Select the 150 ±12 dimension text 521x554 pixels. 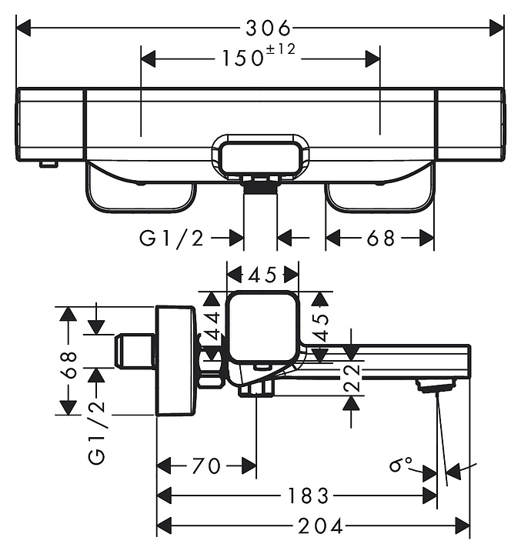[260, 58]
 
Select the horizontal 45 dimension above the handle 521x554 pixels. [263, 274]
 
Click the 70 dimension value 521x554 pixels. [206, 466]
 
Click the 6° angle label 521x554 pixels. [401, 464]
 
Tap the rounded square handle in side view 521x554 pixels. [262, 327]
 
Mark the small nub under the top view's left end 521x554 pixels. [48, 162]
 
